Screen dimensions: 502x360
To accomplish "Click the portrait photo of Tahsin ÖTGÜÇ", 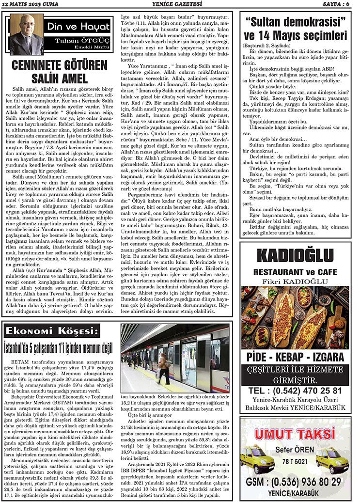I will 26,34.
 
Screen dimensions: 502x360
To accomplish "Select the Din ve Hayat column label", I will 70,27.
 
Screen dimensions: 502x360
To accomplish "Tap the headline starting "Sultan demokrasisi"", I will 296,29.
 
